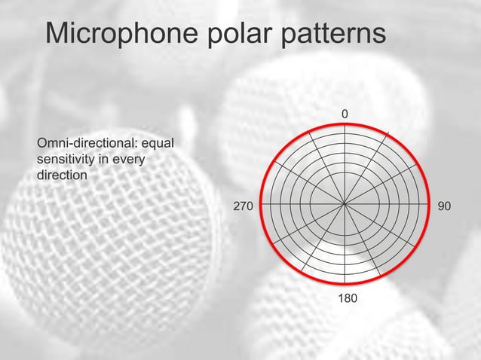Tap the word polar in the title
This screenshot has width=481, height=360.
(x=246, y=34)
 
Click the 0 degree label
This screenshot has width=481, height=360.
(x=345, y=114)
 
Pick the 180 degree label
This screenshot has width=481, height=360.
(x=347, y=300)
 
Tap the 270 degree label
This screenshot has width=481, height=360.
(x=243, y=204)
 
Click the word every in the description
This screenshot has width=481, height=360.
(x=129, y=160)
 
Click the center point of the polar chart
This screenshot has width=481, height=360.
(x=345, y=203)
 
